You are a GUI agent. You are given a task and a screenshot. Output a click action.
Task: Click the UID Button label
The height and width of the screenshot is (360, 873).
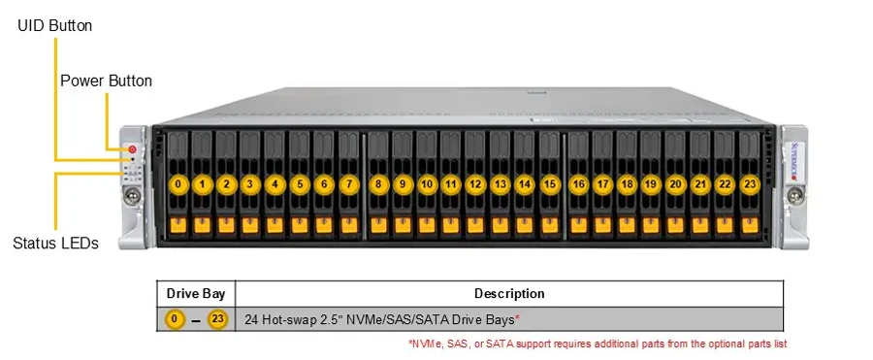[55, 25]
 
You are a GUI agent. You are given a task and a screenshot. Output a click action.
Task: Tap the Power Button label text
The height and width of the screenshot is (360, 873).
[106, 81]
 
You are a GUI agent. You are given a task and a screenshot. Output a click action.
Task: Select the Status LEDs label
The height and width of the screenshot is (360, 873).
[55, 243]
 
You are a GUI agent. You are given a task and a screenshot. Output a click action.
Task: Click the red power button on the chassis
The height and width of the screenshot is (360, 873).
[132, 148]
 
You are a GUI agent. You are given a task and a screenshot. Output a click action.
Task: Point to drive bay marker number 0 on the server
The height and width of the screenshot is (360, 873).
[178, 184]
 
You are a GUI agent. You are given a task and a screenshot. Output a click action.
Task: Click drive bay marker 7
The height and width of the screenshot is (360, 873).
[349, 184]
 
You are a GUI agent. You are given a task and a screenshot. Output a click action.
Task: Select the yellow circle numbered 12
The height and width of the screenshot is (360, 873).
[475, 184]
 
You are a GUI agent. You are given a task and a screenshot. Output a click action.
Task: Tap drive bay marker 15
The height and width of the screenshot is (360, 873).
[550, 184]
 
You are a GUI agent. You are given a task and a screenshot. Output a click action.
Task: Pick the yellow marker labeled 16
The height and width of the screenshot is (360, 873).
[578, 184]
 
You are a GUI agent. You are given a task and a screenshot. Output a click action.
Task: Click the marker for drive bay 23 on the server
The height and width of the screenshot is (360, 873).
[750, 184]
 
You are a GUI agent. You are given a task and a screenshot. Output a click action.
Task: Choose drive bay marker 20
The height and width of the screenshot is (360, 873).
[676, 184]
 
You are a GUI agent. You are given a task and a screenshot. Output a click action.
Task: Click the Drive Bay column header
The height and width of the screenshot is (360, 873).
[196, 293]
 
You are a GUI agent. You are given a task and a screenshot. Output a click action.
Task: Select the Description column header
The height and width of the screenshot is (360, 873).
[509, 293]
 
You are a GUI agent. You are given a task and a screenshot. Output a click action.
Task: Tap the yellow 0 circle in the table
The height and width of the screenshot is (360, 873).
[175, 319]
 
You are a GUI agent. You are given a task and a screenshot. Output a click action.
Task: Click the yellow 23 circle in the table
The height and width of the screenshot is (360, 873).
[217, 319]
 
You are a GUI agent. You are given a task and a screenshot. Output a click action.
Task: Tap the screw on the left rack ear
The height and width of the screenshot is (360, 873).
[133, 196]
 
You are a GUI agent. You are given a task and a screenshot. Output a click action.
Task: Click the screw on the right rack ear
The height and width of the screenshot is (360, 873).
[795, 196]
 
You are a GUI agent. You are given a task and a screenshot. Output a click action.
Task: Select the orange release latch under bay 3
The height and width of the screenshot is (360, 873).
[250, 225]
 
